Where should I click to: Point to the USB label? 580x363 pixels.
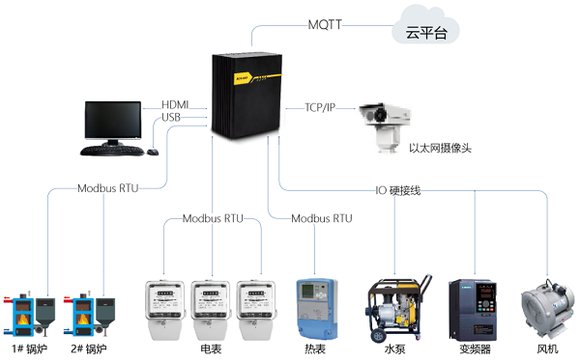(x=171, y=118)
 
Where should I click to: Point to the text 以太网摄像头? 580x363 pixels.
(x=441, y=149)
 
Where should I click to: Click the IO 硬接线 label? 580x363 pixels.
(x=397, y=190)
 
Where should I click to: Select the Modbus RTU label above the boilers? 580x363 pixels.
(x=108, y=187)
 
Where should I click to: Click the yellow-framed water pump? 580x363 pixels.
(x=395, y=307)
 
